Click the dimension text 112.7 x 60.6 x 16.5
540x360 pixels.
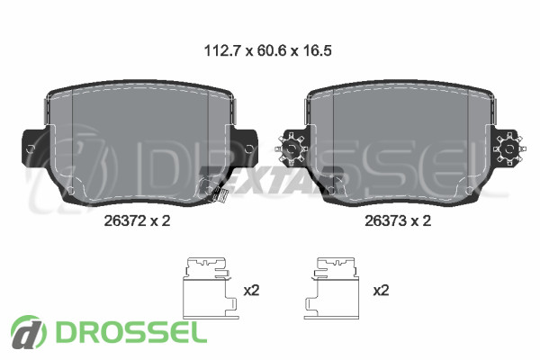coord(268,50)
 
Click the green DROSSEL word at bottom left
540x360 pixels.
coord(132,331)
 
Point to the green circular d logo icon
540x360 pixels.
coord(28,332)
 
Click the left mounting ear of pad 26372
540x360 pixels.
coord(34,148)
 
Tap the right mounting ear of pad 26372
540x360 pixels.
coord(245,148)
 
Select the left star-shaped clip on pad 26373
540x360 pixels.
coord(291,148)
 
